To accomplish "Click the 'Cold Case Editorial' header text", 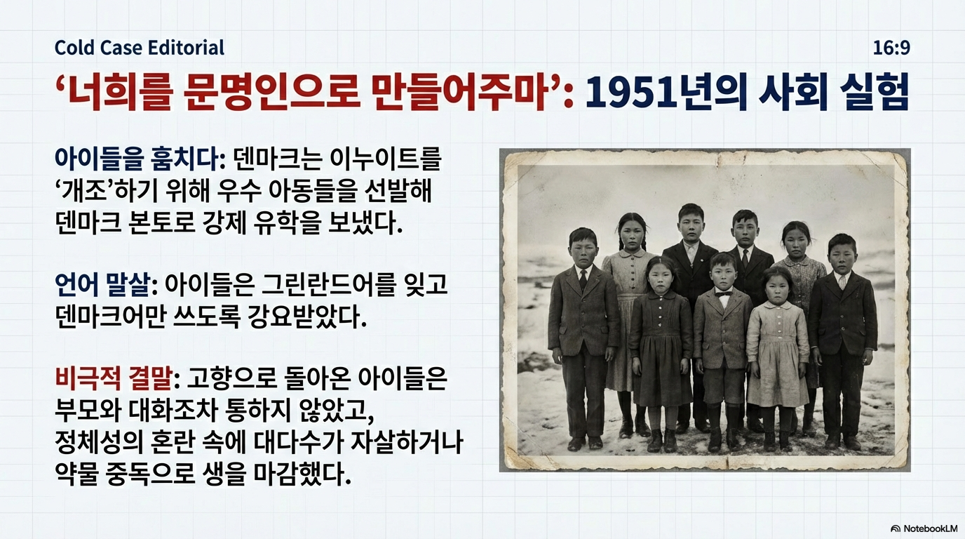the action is pos(140,48).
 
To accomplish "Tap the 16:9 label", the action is pos(891,48).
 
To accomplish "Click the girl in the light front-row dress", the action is pos(778,354).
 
